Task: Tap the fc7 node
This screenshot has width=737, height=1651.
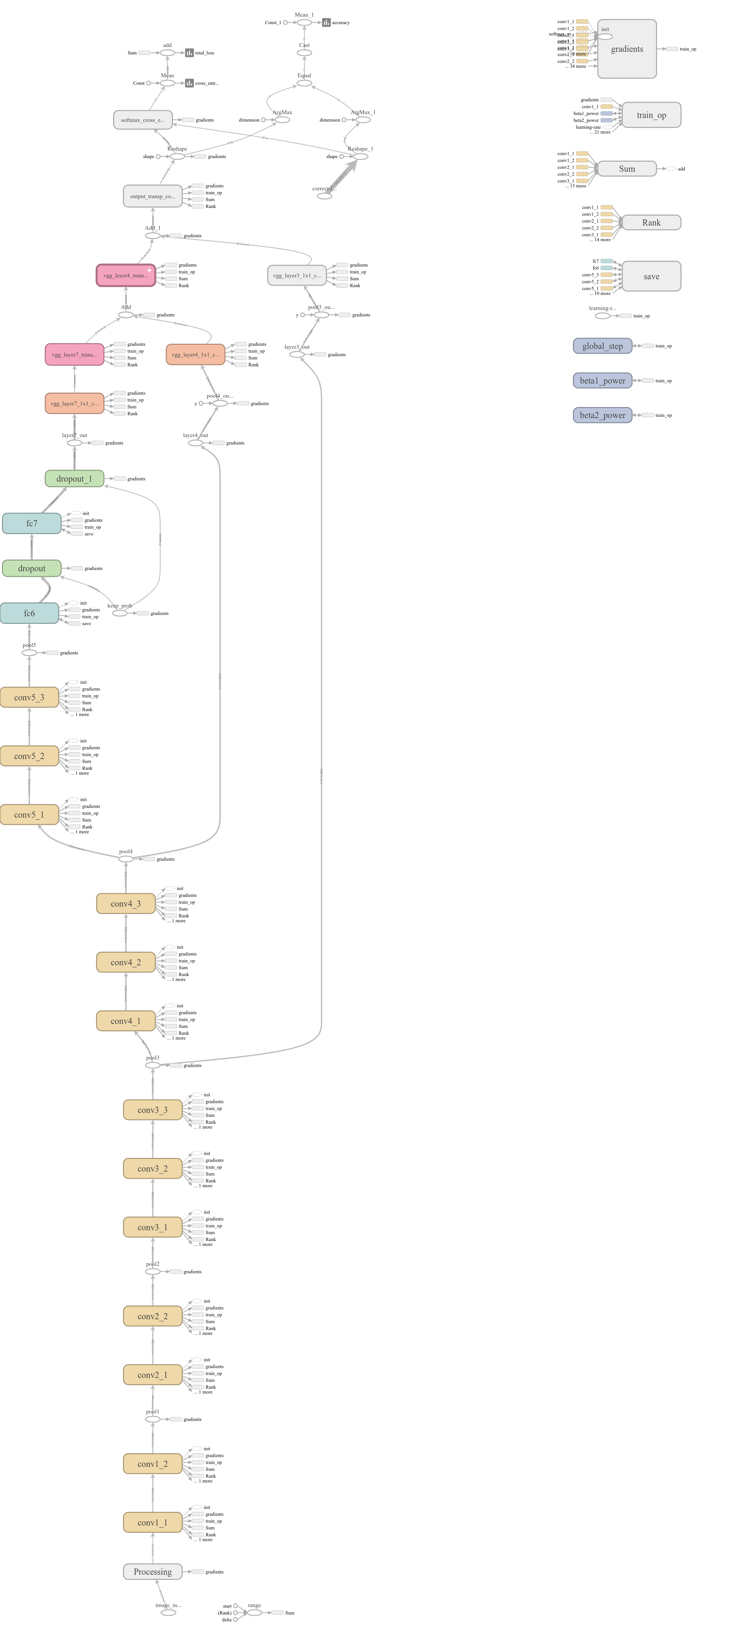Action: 31,523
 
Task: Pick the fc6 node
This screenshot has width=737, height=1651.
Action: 29,613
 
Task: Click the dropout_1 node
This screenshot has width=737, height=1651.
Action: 74,479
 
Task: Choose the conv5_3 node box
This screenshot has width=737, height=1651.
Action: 29,697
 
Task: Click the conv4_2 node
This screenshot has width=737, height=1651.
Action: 126,962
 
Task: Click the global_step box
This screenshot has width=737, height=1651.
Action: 602,346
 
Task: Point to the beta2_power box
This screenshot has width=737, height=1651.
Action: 602,415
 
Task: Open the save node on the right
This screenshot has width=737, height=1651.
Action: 651,276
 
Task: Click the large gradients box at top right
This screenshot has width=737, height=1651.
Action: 627,49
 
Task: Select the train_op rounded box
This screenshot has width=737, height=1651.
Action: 651,115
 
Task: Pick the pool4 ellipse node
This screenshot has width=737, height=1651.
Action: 126,859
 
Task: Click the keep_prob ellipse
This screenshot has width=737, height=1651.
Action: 120,613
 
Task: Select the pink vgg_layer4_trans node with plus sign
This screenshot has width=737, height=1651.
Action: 126,276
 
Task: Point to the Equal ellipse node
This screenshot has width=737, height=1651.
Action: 304,83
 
